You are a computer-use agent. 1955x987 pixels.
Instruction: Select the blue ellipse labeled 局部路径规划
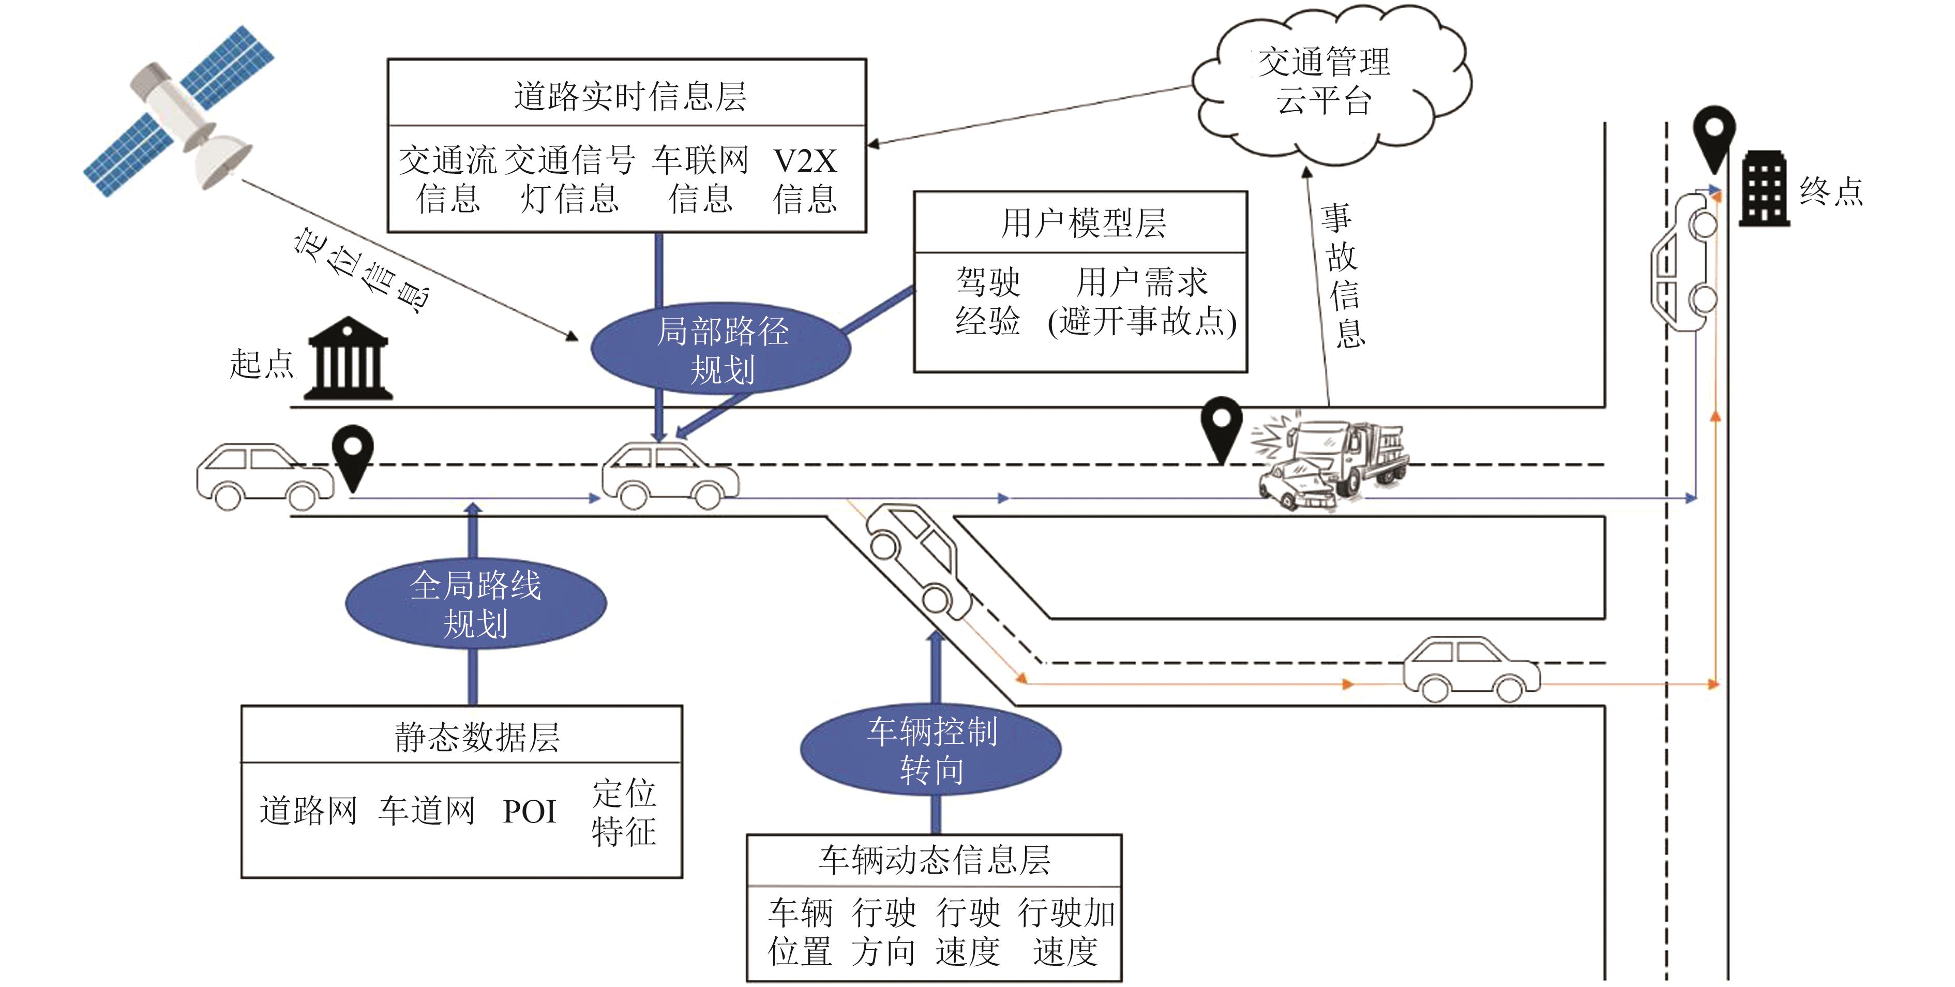click(721, 350)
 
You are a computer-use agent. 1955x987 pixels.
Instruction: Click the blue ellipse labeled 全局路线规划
click(476, 604)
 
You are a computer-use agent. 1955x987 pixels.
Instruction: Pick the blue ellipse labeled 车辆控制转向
click(931, 750)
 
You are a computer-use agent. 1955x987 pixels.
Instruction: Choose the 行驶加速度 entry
click(1066, 932)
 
